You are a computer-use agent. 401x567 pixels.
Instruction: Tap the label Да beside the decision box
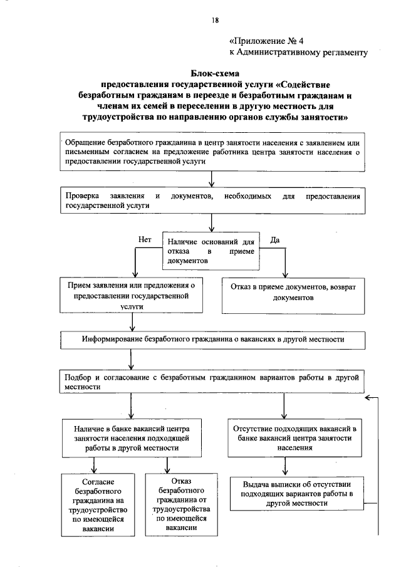pyautogui.click(x=274, y=239)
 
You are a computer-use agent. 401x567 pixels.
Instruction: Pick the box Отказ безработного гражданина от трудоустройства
pyautogui.click(x=175, y=506)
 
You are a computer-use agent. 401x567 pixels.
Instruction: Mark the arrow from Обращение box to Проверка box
pyautogui.click(x=212, y=179)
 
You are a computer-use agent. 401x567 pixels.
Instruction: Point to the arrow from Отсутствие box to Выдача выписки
pyautogui.click(x=285, y=466)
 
